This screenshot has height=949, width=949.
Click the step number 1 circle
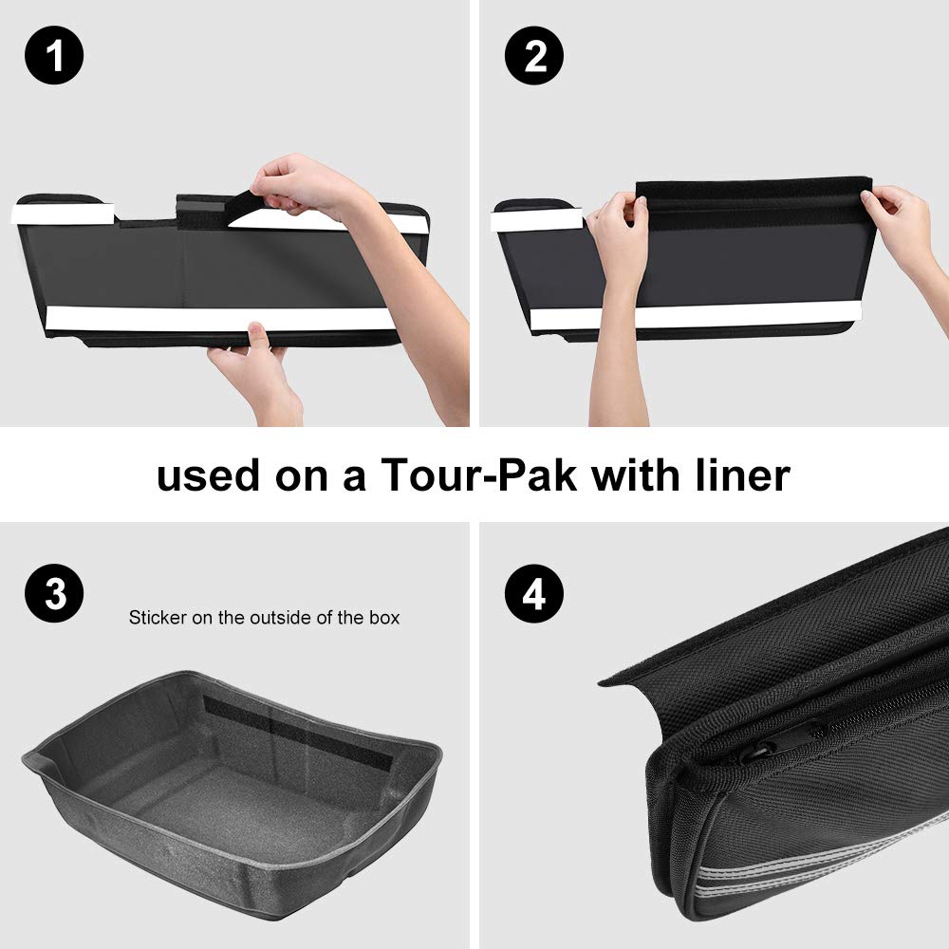[x=54, y=55]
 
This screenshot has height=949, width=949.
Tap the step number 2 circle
[x=533, y=55]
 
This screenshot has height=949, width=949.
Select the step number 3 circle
[x=54, y=593]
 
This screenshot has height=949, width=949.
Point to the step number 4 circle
[x=533, y=593]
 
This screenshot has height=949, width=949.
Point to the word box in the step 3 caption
[x=384, y=618]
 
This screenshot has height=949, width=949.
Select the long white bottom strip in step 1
[x=221, y=318]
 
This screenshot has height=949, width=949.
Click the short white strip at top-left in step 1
[x=63, y=214]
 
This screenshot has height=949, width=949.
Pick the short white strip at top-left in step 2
[x=536, y=220]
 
